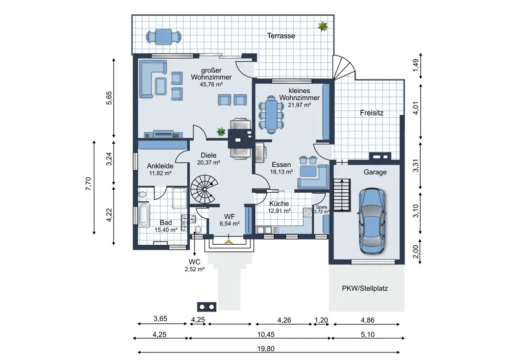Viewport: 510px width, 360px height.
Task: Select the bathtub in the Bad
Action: point(143,216)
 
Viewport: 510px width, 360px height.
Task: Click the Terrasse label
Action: point(281,36)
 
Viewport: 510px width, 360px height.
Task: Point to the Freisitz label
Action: point(371,113)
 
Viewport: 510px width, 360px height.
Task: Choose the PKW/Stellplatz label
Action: point(365,288)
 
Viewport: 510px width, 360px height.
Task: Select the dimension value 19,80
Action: point(267,348)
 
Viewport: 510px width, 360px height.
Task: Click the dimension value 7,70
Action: point(88,184)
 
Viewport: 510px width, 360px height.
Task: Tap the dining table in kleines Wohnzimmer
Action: point(270,114)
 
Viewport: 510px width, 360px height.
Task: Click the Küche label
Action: point(279,203)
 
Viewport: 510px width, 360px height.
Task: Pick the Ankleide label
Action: point(160,166)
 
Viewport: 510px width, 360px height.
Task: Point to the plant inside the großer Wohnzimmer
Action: point(221,132)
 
